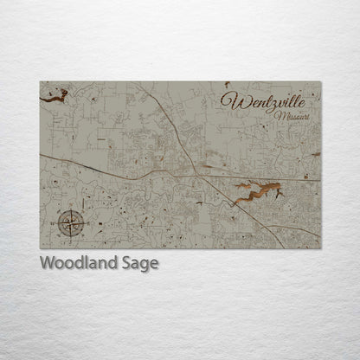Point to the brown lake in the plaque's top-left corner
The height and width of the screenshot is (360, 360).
pyautogui.click(x=54, y=99)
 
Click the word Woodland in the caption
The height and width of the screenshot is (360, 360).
pyautogui.click(x=80, y=263)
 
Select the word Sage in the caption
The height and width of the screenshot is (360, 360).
pyautogui.click(x=140, y=264)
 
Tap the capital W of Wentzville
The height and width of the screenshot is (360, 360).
pyautogui.click(x=230, y=100)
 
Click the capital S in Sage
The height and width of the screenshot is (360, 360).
pyautogui.click(x=126, y=263)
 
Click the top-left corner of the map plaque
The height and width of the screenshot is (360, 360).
pyautogui.click(x=41, y=82)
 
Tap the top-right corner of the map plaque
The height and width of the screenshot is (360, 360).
pyautogui.click(x=320, y=82)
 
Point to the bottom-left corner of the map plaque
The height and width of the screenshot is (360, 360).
pyautogui.click(x=41, y=248)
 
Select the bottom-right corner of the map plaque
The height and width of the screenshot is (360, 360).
pyautogui.click(x=320, y=248)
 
